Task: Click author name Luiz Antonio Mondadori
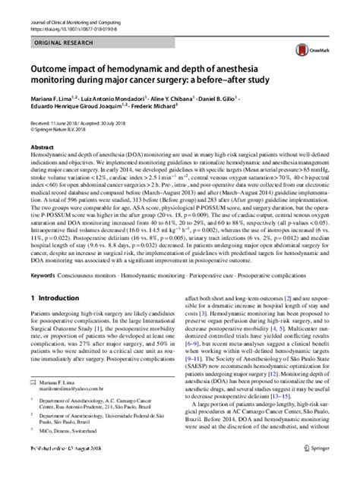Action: pyautogui.click(x=114, y=99)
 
